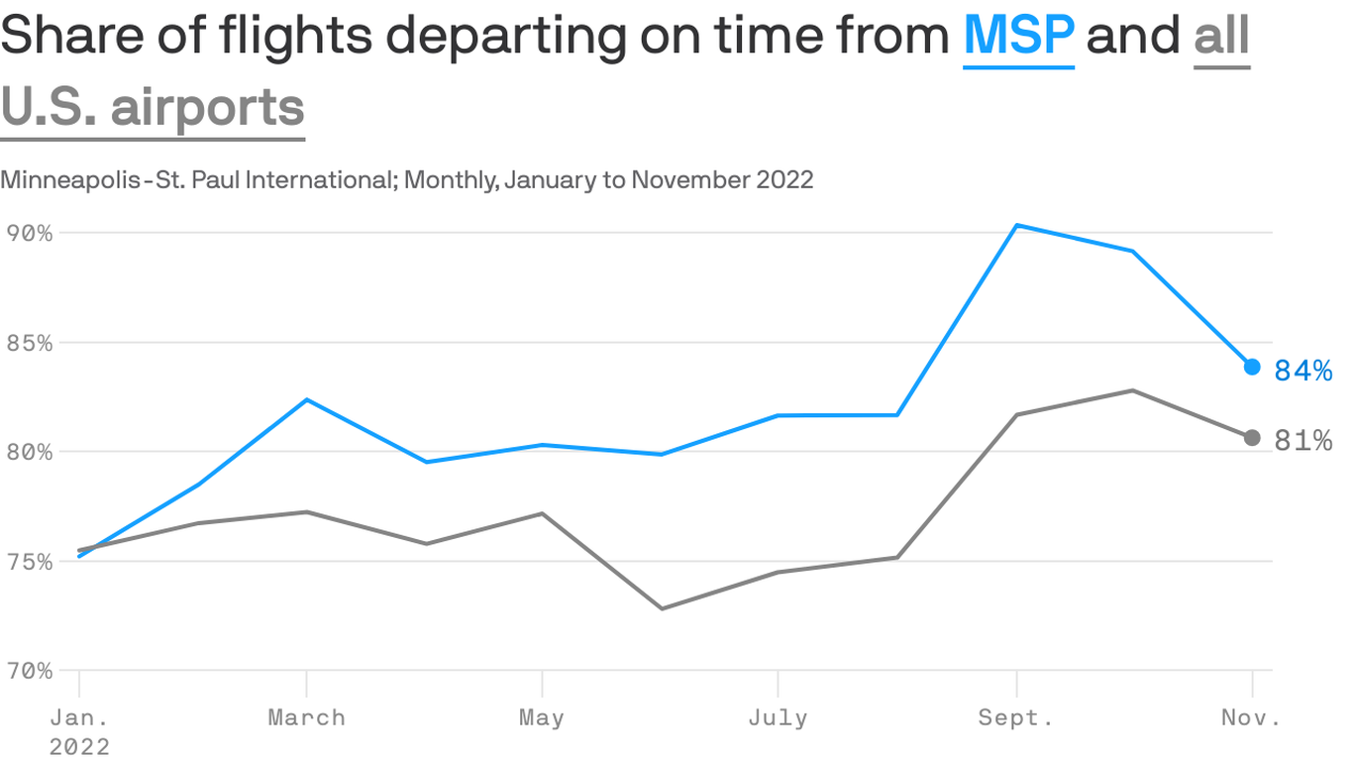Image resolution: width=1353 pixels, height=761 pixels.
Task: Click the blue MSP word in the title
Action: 1018,37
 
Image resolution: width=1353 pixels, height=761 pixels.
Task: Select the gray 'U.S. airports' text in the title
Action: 153,106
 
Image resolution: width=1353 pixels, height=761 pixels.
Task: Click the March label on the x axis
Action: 306,718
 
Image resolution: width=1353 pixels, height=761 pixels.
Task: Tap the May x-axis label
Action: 542,718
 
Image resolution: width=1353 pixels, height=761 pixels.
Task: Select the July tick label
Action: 778,718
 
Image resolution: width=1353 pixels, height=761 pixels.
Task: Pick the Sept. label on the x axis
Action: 1016,718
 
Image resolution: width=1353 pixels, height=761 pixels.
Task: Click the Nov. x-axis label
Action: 1251,718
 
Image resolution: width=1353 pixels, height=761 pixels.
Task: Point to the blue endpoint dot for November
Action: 1252,367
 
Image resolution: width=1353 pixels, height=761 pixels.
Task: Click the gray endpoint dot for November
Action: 1252,438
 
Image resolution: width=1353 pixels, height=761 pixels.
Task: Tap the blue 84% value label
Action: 1302,371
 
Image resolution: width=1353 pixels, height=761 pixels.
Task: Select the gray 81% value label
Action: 1302,440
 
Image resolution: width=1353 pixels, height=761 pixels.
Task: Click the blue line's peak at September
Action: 1017,225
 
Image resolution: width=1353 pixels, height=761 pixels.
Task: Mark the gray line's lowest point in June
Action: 661,608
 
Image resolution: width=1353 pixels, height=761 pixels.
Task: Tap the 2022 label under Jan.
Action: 79,746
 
